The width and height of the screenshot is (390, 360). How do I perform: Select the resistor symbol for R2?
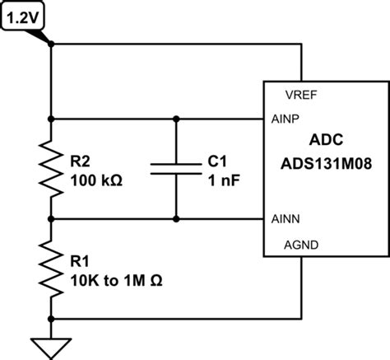tap(51, 169)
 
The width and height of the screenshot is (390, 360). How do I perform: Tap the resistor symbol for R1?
tap(51, 269)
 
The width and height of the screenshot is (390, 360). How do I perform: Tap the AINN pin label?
tap(286, 219)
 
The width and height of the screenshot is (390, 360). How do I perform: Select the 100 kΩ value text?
tap(97, 180)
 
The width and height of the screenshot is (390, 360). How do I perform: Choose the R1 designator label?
tap(81, 261)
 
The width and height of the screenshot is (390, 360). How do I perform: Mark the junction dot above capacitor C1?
tap(176, 119)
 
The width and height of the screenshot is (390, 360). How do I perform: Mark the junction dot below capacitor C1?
tap(176, 219)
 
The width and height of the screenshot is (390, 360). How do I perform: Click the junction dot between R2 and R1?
tap(51, 219)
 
